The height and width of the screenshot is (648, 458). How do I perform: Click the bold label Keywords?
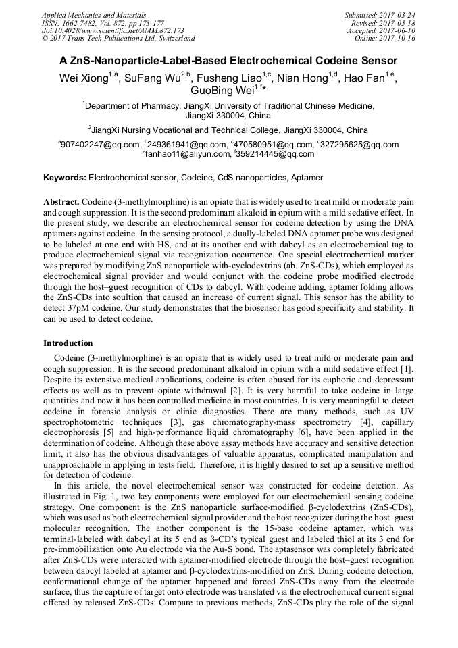point(65,178)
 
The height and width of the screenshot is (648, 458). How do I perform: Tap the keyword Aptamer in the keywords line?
point(305,178)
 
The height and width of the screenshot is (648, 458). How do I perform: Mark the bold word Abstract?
point(62,202)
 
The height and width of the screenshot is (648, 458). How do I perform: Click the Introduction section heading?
point(68,343)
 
